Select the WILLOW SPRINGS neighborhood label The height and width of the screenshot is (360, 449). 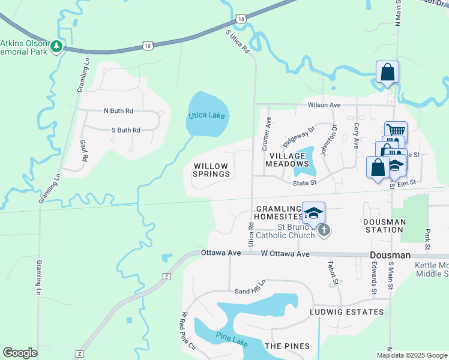coord(211,170)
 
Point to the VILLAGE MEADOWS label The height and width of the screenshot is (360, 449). coord(288,159)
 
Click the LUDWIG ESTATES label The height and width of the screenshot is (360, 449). coord(346,312)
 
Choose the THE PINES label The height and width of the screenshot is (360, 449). coord(287,346)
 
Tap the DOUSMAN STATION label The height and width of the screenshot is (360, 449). coord(384,226)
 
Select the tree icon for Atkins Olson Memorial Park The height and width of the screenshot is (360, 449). coord(56,46)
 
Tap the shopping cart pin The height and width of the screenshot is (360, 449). coord(396,130)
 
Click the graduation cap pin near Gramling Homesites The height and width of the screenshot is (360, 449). coord(313,212)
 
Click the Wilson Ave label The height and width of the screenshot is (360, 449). coord(324,105)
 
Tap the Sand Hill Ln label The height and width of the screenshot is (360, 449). coord(250,289)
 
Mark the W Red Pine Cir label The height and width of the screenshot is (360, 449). coord(188,331)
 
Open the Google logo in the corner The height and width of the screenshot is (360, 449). coord(20,353)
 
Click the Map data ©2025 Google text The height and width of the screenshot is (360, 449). coord(412,355)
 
